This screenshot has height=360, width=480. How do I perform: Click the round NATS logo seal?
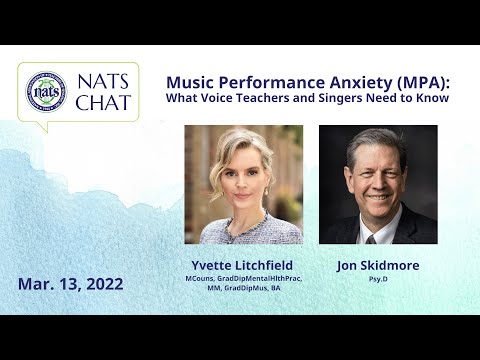tap(46, 91)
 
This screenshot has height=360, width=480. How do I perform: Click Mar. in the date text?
tap(34, 284)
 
